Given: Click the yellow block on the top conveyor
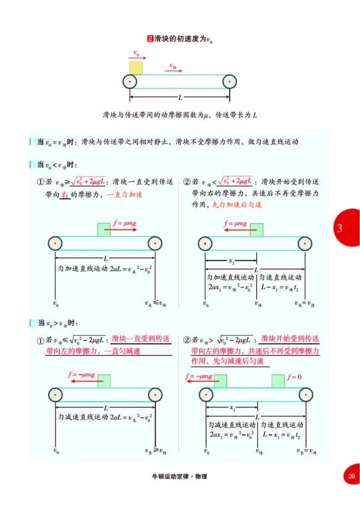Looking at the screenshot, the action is pos(136,68).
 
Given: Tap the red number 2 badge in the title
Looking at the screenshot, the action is pos(150,39).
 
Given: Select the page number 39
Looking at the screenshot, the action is pos(351,476).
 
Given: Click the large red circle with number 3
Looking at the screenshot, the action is pos(347,228).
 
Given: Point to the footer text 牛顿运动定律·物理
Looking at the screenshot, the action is pos(179,476).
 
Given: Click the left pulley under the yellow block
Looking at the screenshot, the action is pos(130,82).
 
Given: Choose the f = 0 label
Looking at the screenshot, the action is pos(294,377).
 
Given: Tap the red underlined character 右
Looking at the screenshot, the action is pos(65,195).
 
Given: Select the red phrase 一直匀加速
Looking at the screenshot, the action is pos(125,195).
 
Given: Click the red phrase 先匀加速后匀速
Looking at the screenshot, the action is pos(237,205).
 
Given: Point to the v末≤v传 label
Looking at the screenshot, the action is pos(155,303).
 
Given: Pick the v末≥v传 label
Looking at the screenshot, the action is pos(156,451).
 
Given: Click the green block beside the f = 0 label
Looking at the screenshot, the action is pos(278,381).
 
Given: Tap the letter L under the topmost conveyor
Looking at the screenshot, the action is pos(180,97).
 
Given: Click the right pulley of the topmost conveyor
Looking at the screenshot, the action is pos(230,82).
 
